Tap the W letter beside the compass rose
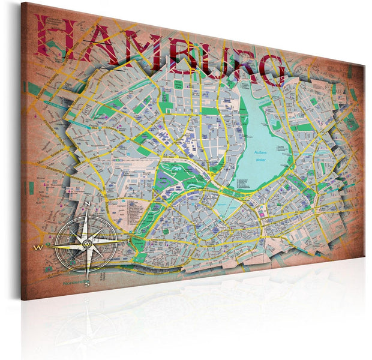tap(38, 246)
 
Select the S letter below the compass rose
tap(87, 283)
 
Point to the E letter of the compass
tap(130, 241)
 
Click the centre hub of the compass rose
tap(86, 242)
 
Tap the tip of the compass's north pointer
tap(88, 212)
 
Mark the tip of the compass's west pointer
tap(46, 246)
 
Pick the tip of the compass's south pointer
tap(86, 276)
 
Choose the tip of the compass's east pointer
tap(124, 241)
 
